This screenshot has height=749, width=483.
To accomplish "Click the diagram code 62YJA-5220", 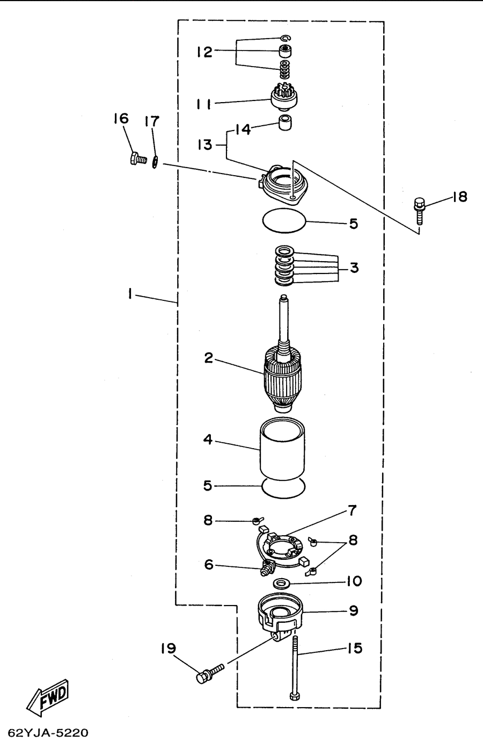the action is click(x=48, y=733).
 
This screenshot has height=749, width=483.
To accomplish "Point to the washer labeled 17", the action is click(x=155, y=162).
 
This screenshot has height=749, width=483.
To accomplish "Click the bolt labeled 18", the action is click(x=419, y=211).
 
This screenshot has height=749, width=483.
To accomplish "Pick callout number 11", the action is click(x=203, y=105).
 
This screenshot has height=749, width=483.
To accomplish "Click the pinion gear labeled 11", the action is click(x=284, y=97).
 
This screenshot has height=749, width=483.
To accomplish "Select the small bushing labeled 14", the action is click(x=285, y=123).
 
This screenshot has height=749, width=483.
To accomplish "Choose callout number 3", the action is click(x=354, y=268).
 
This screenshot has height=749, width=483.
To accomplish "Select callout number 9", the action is click(x=354, y=610).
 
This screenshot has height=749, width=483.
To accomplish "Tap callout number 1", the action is click(x=129, y=293).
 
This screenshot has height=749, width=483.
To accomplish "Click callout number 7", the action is click(x=353, y=511).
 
